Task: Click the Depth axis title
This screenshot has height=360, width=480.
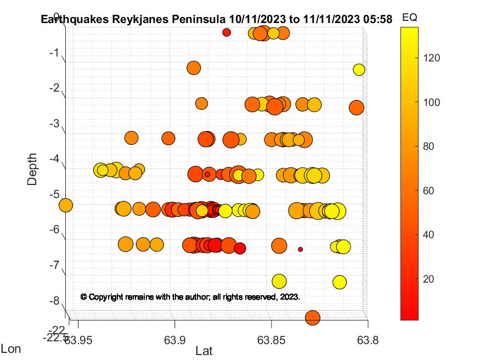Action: tap(32, 169)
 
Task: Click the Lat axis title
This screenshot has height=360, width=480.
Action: tap(204, 351)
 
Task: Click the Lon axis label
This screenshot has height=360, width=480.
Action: tap(12, 348)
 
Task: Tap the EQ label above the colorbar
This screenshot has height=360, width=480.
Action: tap(409, 18)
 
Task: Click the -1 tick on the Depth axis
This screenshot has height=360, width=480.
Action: tap(53, 53)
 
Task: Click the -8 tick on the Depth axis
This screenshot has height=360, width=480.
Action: tap(53, 301)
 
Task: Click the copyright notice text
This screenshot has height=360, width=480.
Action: tap(190, 296)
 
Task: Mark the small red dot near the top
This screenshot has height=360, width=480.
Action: tap(227, 32)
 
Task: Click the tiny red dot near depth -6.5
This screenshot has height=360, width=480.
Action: tap(300, 249)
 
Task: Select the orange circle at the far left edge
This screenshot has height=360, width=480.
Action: tap(65, 205)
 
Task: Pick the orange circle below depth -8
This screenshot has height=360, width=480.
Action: tap(312, 317)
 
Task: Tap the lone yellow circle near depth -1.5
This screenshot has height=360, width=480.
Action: tap(359, 70)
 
